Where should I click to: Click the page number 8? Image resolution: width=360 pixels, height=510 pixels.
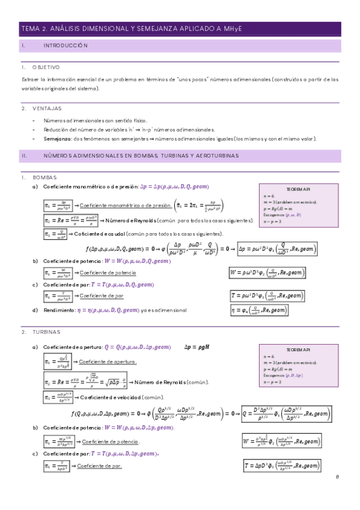tap(338, 476)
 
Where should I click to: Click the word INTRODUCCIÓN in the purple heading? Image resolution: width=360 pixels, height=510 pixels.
tap(66, 46)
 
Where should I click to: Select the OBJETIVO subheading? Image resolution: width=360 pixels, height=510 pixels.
tap(46, 67)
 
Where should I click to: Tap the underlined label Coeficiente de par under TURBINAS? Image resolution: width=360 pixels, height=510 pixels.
tap(99, 466)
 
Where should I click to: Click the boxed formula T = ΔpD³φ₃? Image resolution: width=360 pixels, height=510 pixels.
tap(289, 465)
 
